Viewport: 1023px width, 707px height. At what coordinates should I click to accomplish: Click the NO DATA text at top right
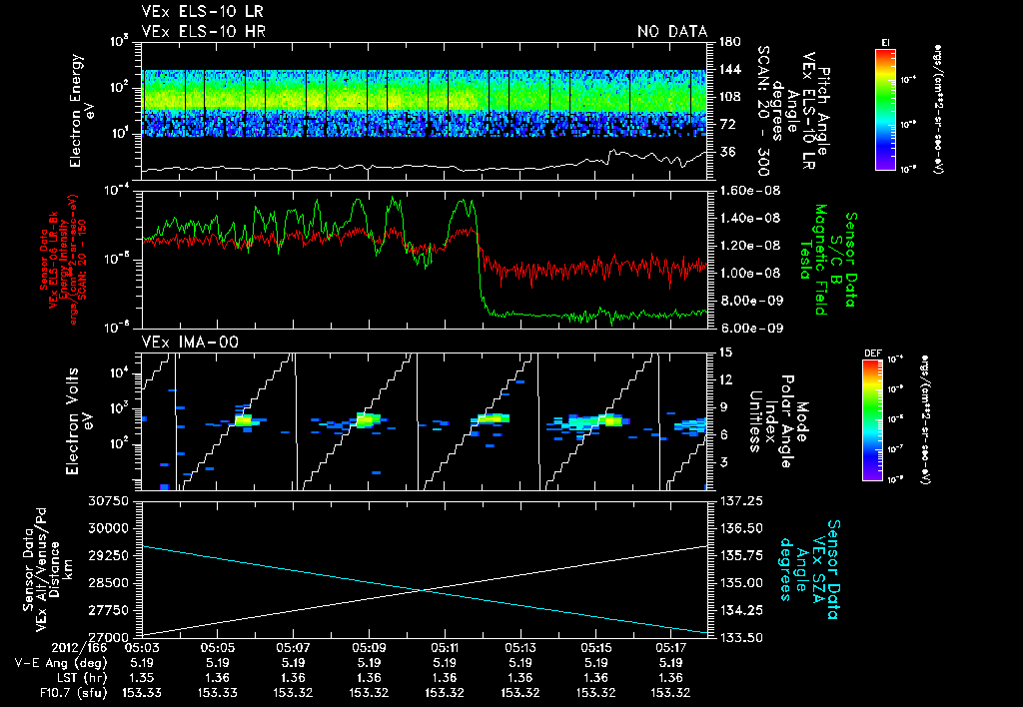tap(672, 31)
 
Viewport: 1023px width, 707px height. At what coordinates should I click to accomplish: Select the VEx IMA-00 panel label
tap(182, 342)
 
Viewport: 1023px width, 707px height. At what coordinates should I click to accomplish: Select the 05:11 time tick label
tap(445, 647)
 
